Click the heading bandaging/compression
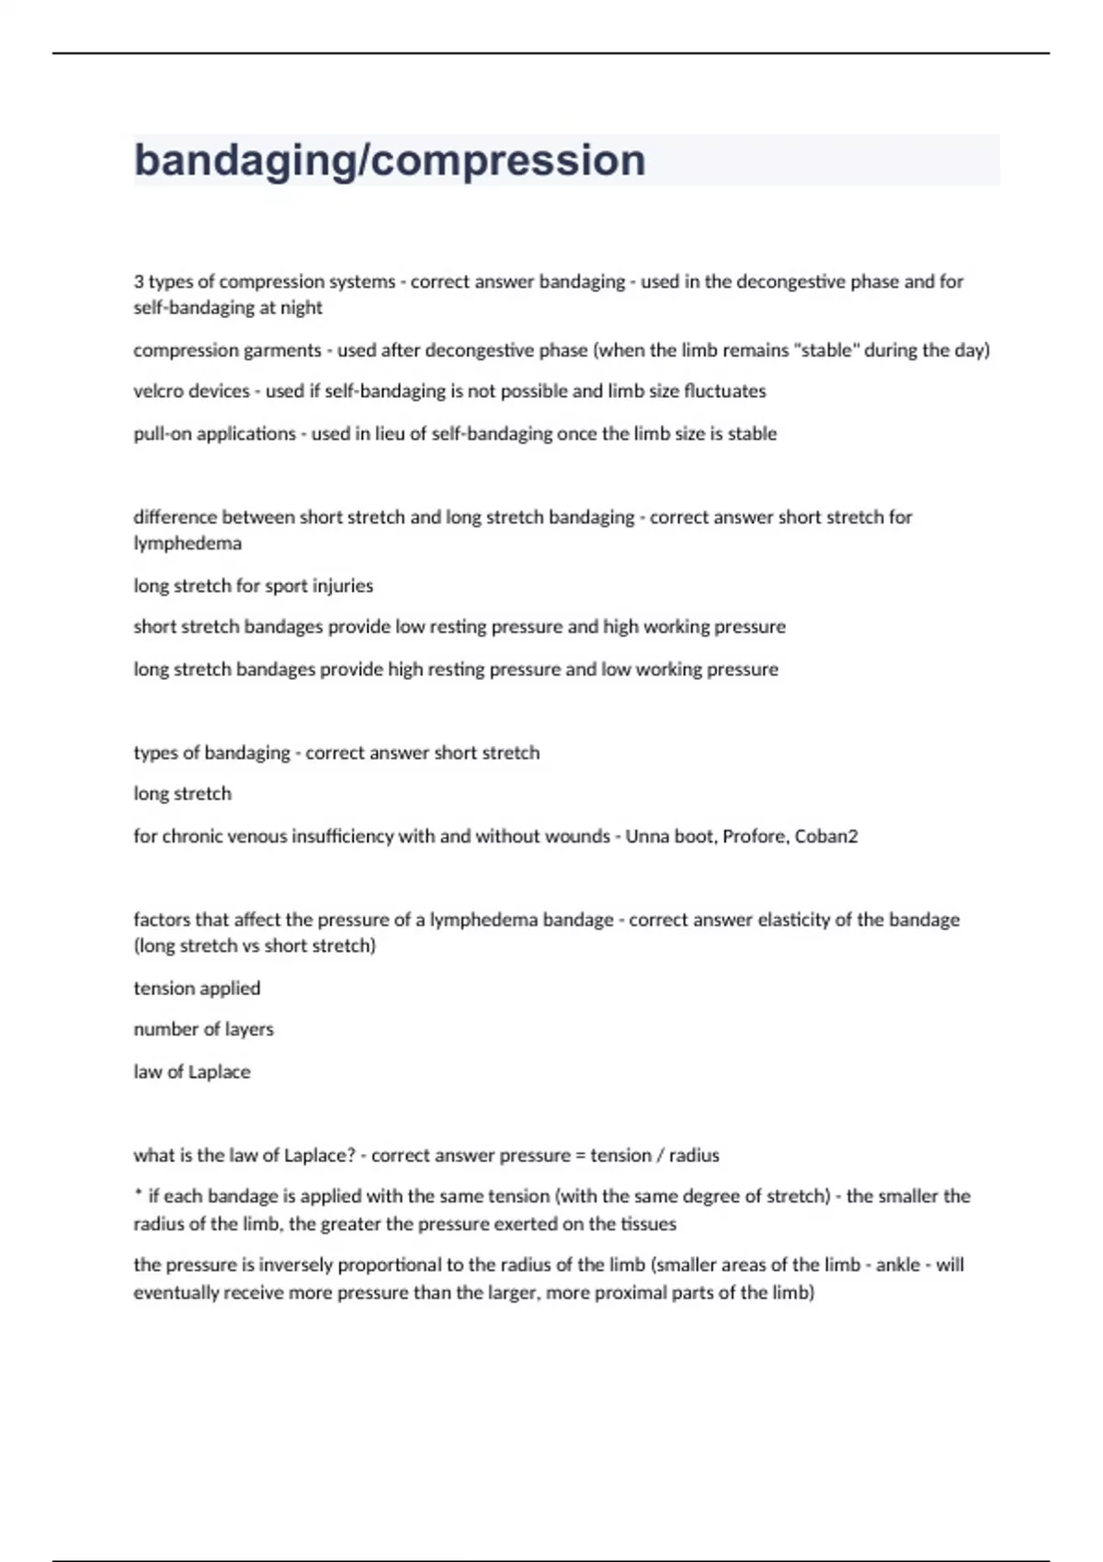pos(390,161)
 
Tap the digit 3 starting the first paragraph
pos(139,282)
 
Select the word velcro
pos(158,391)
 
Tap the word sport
pos(287,586)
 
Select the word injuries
pos(343,586)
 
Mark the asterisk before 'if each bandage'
pos(138,1194)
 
